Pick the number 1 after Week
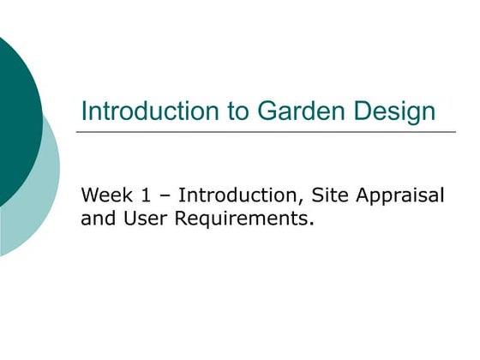141,195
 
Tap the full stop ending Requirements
309,224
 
